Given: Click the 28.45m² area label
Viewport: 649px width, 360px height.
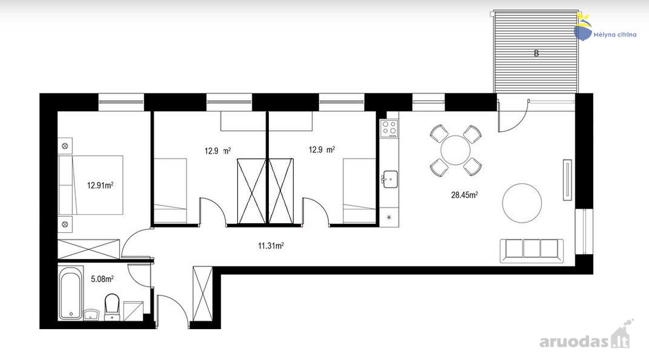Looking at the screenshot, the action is (464, 195).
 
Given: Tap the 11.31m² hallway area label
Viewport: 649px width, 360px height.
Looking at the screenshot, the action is (271, 245).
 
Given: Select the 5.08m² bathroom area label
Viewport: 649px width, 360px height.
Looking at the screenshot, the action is (102, 279).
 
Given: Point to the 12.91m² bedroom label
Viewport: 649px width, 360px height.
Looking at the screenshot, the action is (100, 185).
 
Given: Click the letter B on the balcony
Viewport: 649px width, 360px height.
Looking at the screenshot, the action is (537, 54).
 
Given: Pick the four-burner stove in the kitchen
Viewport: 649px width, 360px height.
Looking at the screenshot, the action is (389, 128).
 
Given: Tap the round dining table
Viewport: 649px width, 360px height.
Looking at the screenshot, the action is (455, 150).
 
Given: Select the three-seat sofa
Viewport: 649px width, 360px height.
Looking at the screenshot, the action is (532, 251).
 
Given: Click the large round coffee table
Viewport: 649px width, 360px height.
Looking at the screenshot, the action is (522, 203).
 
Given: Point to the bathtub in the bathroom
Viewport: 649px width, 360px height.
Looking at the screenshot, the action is (70, 293).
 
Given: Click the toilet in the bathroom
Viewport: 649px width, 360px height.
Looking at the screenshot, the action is (112, 307).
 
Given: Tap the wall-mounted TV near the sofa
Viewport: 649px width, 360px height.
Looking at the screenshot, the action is (567, 179).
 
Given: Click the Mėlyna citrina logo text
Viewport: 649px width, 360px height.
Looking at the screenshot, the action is (615, 35).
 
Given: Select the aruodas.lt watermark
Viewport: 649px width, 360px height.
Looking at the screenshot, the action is (585, 342).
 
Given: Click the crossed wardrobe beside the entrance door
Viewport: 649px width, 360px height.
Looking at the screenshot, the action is (202, 294).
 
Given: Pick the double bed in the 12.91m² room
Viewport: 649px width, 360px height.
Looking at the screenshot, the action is (90, 185).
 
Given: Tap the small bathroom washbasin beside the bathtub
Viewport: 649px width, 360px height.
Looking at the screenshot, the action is (91, 315).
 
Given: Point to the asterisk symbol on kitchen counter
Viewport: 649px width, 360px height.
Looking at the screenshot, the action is (389, 217).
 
